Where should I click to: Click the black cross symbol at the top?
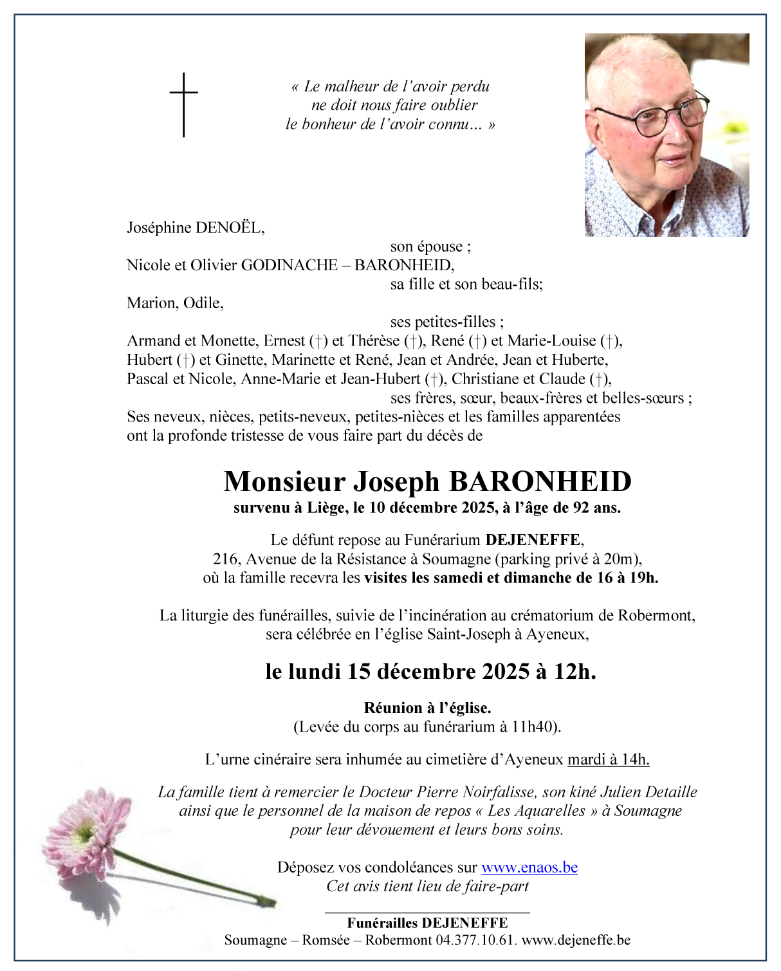coord(184,104)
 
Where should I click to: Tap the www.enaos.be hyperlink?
coord(529,867)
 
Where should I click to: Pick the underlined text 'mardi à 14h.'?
coord(608,759)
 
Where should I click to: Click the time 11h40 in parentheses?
coord(532,727)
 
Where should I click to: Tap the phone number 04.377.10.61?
coord(475,940)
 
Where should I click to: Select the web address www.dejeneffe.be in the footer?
coord(576,940)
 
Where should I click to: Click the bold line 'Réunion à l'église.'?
coord(427,708)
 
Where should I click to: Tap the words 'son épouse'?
coord(429,246)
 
